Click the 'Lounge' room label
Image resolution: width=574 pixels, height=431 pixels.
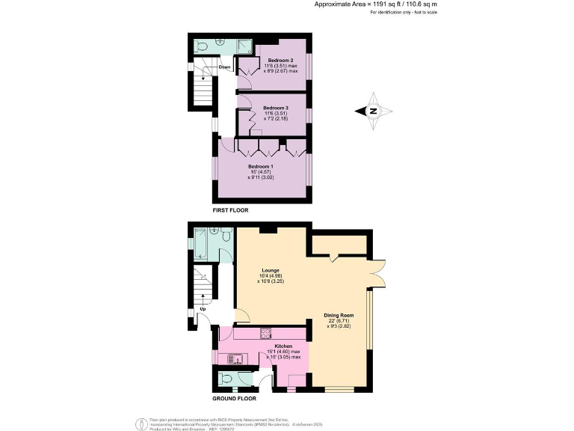[x=271, y=269]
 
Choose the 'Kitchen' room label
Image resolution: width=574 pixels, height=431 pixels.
[x=283, y=346]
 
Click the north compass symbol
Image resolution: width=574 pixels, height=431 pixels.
[x=374, y=111]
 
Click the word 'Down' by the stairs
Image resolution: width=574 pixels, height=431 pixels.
[x=224, y=67]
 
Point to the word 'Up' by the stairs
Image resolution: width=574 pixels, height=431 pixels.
[x=203, y=308]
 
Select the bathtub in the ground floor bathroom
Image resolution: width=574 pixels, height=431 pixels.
[x=203, y=240]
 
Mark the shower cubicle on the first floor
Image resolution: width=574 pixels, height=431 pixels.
[x=242, y=46]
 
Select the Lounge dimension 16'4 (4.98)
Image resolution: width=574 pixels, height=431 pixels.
[x=271, y=275]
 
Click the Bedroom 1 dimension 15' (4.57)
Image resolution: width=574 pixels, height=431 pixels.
[x=262, y=171]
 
